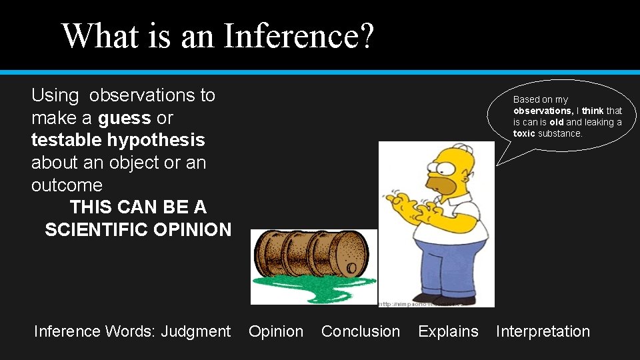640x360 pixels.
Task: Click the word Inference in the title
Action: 293,36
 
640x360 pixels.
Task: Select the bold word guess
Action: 124,118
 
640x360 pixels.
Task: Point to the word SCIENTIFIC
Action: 96,230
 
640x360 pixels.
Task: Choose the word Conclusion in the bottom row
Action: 361,331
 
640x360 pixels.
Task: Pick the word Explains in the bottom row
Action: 448,331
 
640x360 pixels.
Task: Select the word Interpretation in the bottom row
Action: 543,331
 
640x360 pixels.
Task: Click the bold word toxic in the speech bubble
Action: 524,133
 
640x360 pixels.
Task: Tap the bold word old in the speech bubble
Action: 556,122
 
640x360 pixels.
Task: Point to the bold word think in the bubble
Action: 593,111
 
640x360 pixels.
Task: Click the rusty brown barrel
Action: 310,253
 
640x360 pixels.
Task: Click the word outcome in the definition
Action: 67,185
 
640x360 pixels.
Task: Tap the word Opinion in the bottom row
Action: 276,331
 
